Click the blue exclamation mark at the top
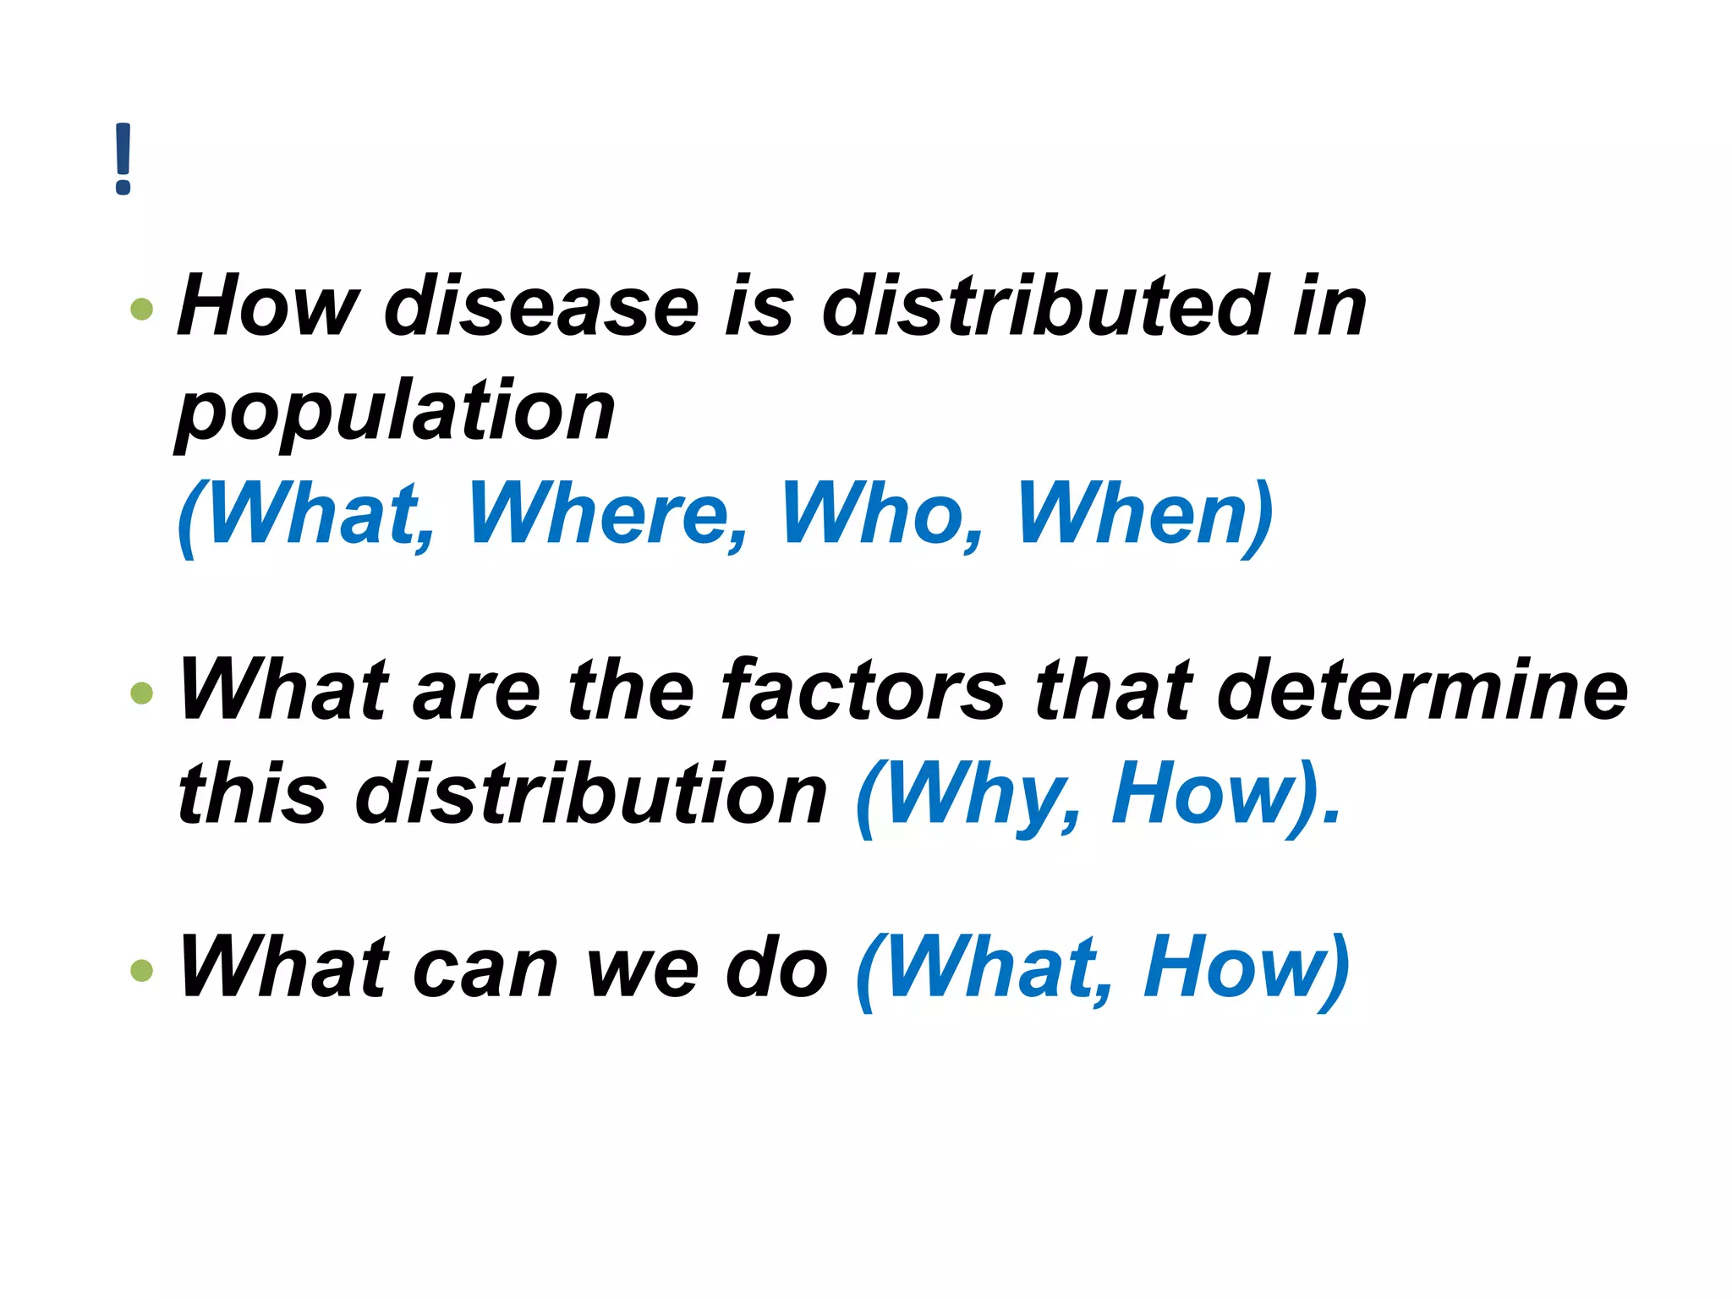pos(123,159)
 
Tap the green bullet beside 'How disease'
pos(142,309)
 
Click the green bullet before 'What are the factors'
pos(142,693)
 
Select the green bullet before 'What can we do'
pos(142,969)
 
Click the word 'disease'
pos(541,306)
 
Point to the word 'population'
pos(396,413)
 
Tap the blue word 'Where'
pos(607,514)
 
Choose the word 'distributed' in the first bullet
pos(1045,306)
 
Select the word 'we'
pos(643,969)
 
